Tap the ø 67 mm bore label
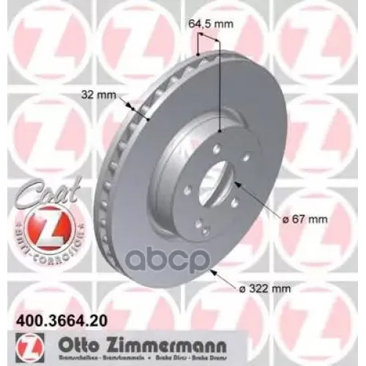click(302, 218)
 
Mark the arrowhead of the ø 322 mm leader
click(210, 272)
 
